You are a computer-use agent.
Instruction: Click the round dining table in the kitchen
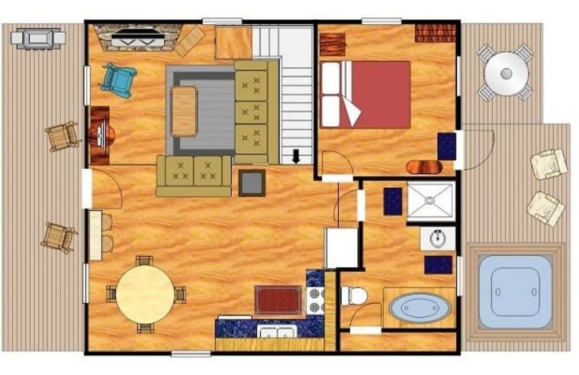point(145,294)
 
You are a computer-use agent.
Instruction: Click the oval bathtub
point(419,307)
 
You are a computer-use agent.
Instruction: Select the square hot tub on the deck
point(515,292)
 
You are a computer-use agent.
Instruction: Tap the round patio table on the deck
point(506,74)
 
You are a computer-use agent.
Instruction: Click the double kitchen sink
point(277,332)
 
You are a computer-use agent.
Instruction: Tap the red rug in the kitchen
point(278,300)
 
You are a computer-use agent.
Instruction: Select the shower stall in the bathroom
point(430,201)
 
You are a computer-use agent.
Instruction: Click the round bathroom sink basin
point(437,238)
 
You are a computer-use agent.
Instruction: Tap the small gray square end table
point(252,183)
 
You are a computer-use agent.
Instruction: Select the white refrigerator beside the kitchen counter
point(341,248)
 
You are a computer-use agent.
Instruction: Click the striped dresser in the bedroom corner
point(435,33)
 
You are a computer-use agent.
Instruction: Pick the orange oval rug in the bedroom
point(424,167)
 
